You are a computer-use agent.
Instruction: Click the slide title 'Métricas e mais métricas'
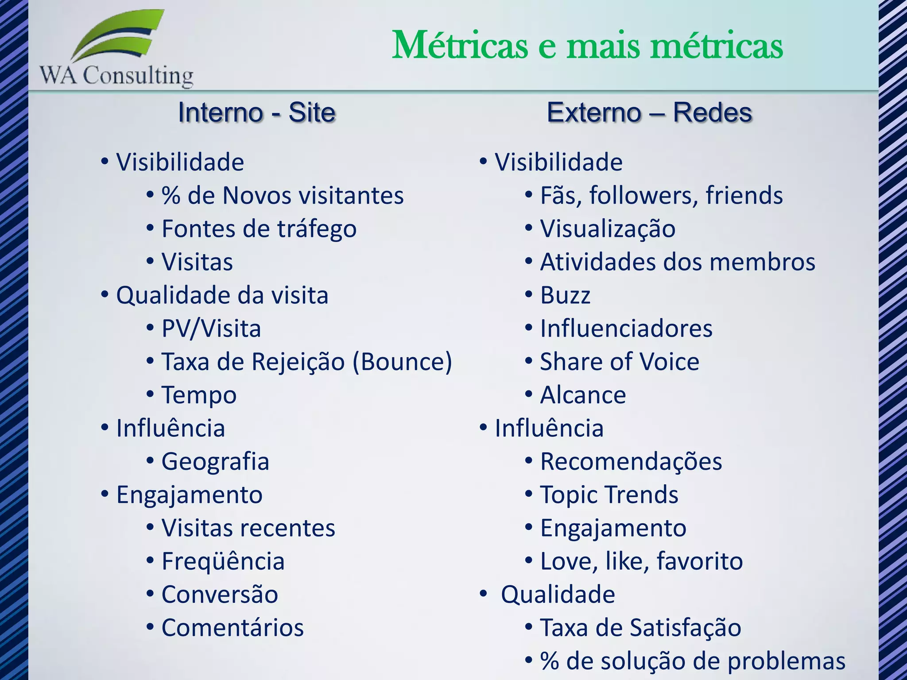pos(587,46)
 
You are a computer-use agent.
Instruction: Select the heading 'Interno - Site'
pos(257,112)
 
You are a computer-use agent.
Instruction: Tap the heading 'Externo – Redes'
pos(649,112)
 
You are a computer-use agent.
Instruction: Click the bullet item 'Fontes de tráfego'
pos(259,229)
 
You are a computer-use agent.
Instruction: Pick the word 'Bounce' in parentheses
pos(402,362)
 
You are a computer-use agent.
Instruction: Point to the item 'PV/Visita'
pos(211,328)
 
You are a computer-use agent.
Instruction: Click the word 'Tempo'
pos(199,395)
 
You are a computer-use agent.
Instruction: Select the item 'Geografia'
pos(215,461)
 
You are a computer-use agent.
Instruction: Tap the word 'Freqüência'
pos(223,561)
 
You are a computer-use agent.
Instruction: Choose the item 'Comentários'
pos(233,627)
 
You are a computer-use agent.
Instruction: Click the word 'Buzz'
pos(565,295)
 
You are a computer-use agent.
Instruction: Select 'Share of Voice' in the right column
pos(620,362)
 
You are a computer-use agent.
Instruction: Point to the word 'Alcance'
pos(583,395)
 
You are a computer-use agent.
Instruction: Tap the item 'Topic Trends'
pos(609,495)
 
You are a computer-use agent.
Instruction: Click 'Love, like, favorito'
pos(641,561)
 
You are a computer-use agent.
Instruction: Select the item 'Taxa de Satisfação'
pos(640,627)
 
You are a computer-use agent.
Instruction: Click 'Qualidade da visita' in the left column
pos(222,295)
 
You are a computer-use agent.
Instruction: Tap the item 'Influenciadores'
pos(626,328)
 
